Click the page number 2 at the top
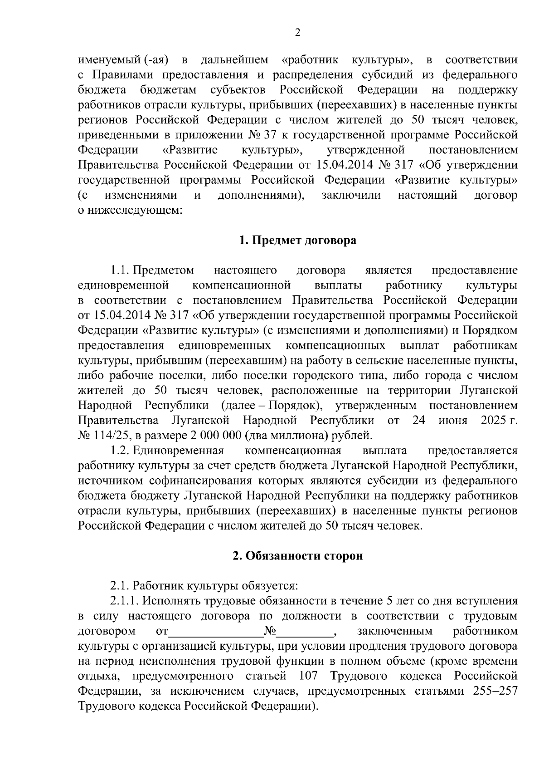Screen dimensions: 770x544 click(x=298, y=32)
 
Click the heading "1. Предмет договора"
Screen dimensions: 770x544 click(x=298, y=240)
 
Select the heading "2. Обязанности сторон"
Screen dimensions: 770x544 click(x=298, y=556)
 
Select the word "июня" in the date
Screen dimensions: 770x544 click(x=452, y=421)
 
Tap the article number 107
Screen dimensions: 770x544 click(x=310, y=676)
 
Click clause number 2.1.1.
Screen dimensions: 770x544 click(x=125, y=601)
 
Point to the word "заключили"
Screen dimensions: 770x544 click(x=351, y=196)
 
